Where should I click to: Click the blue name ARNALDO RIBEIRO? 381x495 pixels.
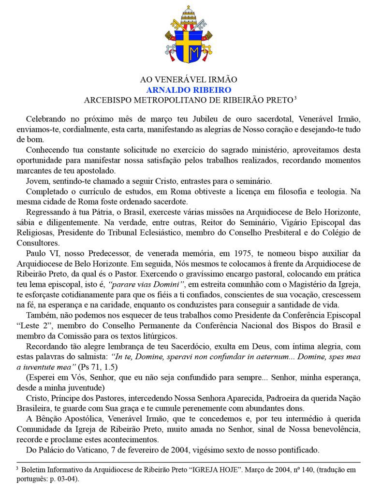[190, 89]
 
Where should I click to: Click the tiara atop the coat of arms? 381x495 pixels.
[190, 14]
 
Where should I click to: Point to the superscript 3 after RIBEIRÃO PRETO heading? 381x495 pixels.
[295, 98]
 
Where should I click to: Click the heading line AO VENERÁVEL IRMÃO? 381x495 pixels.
[190, 80]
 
